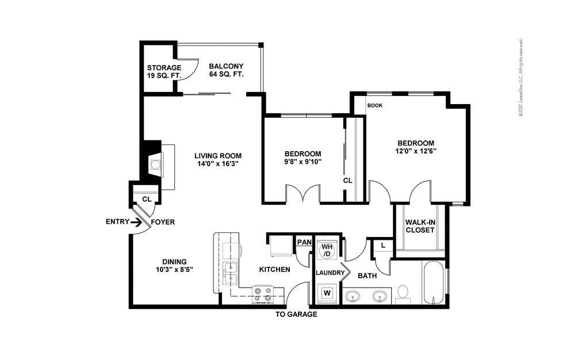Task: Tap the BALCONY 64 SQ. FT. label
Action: (x=226, y=70)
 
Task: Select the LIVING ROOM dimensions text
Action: (x=217, y=164)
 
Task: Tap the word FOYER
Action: (x=163, y=222)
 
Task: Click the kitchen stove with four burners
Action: (x=263, y=295)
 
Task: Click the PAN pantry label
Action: (x=303, y=242)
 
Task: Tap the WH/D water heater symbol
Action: (x=327, y=250)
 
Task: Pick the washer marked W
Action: (x=327, y=292)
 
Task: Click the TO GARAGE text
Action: (x=296, y=315)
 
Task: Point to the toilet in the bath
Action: (x=403, y=293)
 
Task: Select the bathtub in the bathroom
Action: (x=433, y=282)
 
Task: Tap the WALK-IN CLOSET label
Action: (x=419, y=226)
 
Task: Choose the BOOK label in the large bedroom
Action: (x=374, y=105)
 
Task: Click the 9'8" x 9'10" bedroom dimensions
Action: (x=303, y=162)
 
